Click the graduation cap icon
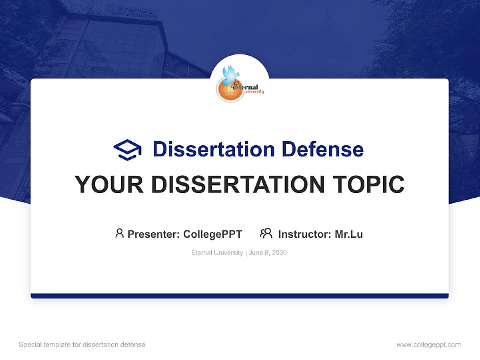coord(127,150)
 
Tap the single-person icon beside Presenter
coord(119,233)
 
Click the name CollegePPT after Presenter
coord(213,234)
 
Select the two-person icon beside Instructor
coord(266,233)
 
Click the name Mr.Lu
coord(349,234)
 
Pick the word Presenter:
coord(154,234)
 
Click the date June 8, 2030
coord(268,253)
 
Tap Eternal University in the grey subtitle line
coord(217,253)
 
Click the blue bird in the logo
coord(231,73)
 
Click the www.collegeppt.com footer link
coord(428,345)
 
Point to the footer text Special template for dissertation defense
coord(82,345)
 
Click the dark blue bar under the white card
coord(240,296)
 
